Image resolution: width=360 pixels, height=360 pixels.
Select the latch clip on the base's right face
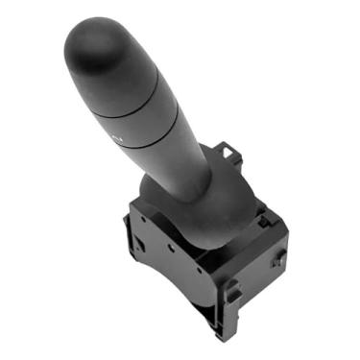point(277,257)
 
